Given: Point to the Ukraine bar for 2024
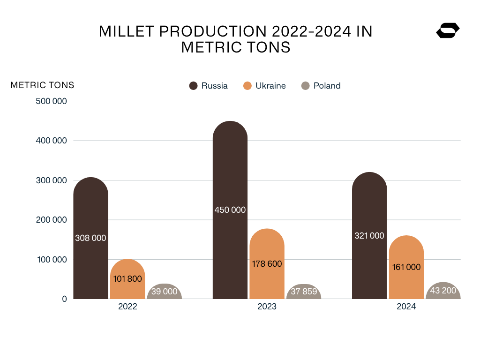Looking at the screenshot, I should point(406,281).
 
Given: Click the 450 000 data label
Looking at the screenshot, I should point(230,210).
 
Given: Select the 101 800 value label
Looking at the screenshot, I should point(127,278).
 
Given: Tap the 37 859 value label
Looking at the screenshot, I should point(304,292).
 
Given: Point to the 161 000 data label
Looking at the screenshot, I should point(406,267).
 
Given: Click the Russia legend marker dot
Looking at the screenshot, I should point(193,86).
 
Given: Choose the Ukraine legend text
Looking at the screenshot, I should point(270,86).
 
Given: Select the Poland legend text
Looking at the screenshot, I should point(327,86).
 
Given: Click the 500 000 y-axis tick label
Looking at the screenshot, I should point(51,101).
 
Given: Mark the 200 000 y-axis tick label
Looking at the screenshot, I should point(51,220).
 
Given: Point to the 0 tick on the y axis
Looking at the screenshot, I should point(64,299).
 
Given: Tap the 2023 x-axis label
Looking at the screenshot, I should point(267,307).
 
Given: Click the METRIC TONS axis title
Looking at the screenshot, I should point(42,85).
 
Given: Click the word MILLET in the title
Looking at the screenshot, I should point(126,32).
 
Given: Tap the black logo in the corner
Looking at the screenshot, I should point(448,31).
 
